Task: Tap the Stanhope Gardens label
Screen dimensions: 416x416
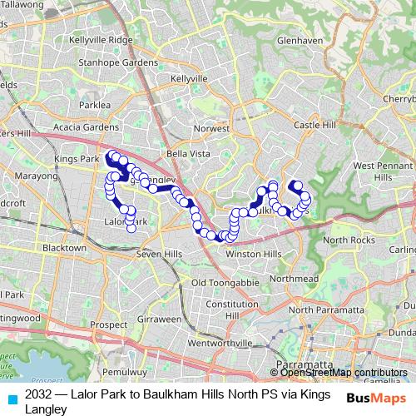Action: coord(117,62)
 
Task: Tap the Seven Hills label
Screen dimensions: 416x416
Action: coord(159,253)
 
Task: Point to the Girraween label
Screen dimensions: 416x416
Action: coord(156,319)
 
